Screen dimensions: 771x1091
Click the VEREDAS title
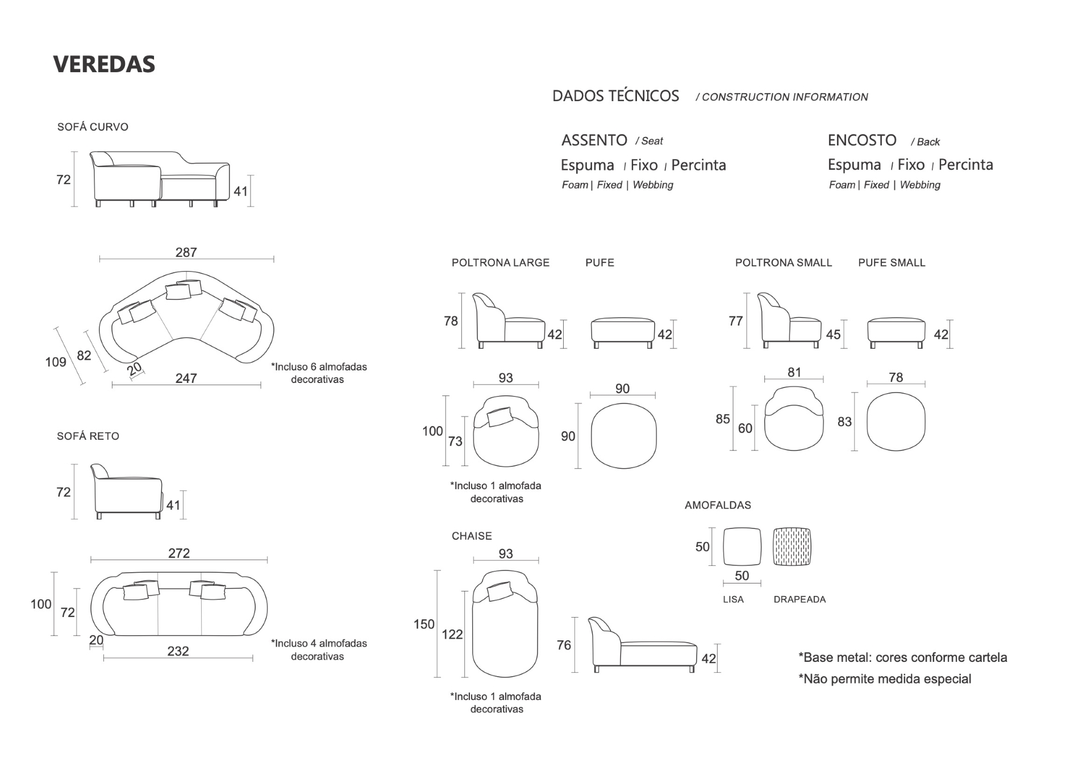click(104, 64)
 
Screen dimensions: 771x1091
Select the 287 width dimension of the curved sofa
click(186, 252)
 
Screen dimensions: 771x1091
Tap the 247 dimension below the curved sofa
click(186, 378)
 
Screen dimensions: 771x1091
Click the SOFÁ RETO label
click(88, 436)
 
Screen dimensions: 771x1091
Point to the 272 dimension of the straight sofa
click(179, 553)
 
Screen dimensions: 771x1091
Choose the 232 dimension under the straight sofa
click(178, 651)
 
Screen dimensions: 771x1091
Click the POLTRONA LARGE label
click(501, 262)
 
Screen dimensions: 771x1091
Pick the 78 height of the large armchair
click(451, 321)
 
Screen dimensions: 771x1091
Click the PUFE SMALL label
click(892, 262)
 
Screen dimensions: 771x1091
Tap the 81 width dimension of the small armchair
click(794, 372)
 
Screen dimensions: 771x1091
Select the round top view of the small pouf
click(896, 422)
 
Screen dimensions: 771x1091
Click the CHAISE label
click(472, 536)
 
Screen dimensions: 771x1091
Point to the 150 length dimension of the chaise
click(424, 624)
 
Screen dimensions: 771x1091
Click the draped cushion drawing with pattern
click(792, 547)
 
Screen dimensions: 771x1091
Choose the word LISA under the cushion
click(733, 599)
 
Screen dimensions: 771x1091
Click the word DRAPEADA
click(799, 599)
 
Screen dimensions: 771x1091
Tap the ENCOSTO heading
click(861, 140)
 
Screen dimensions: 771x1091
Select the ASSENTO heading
click(594, 140)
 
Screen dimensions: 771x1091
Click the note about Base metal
click(902, 657)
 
